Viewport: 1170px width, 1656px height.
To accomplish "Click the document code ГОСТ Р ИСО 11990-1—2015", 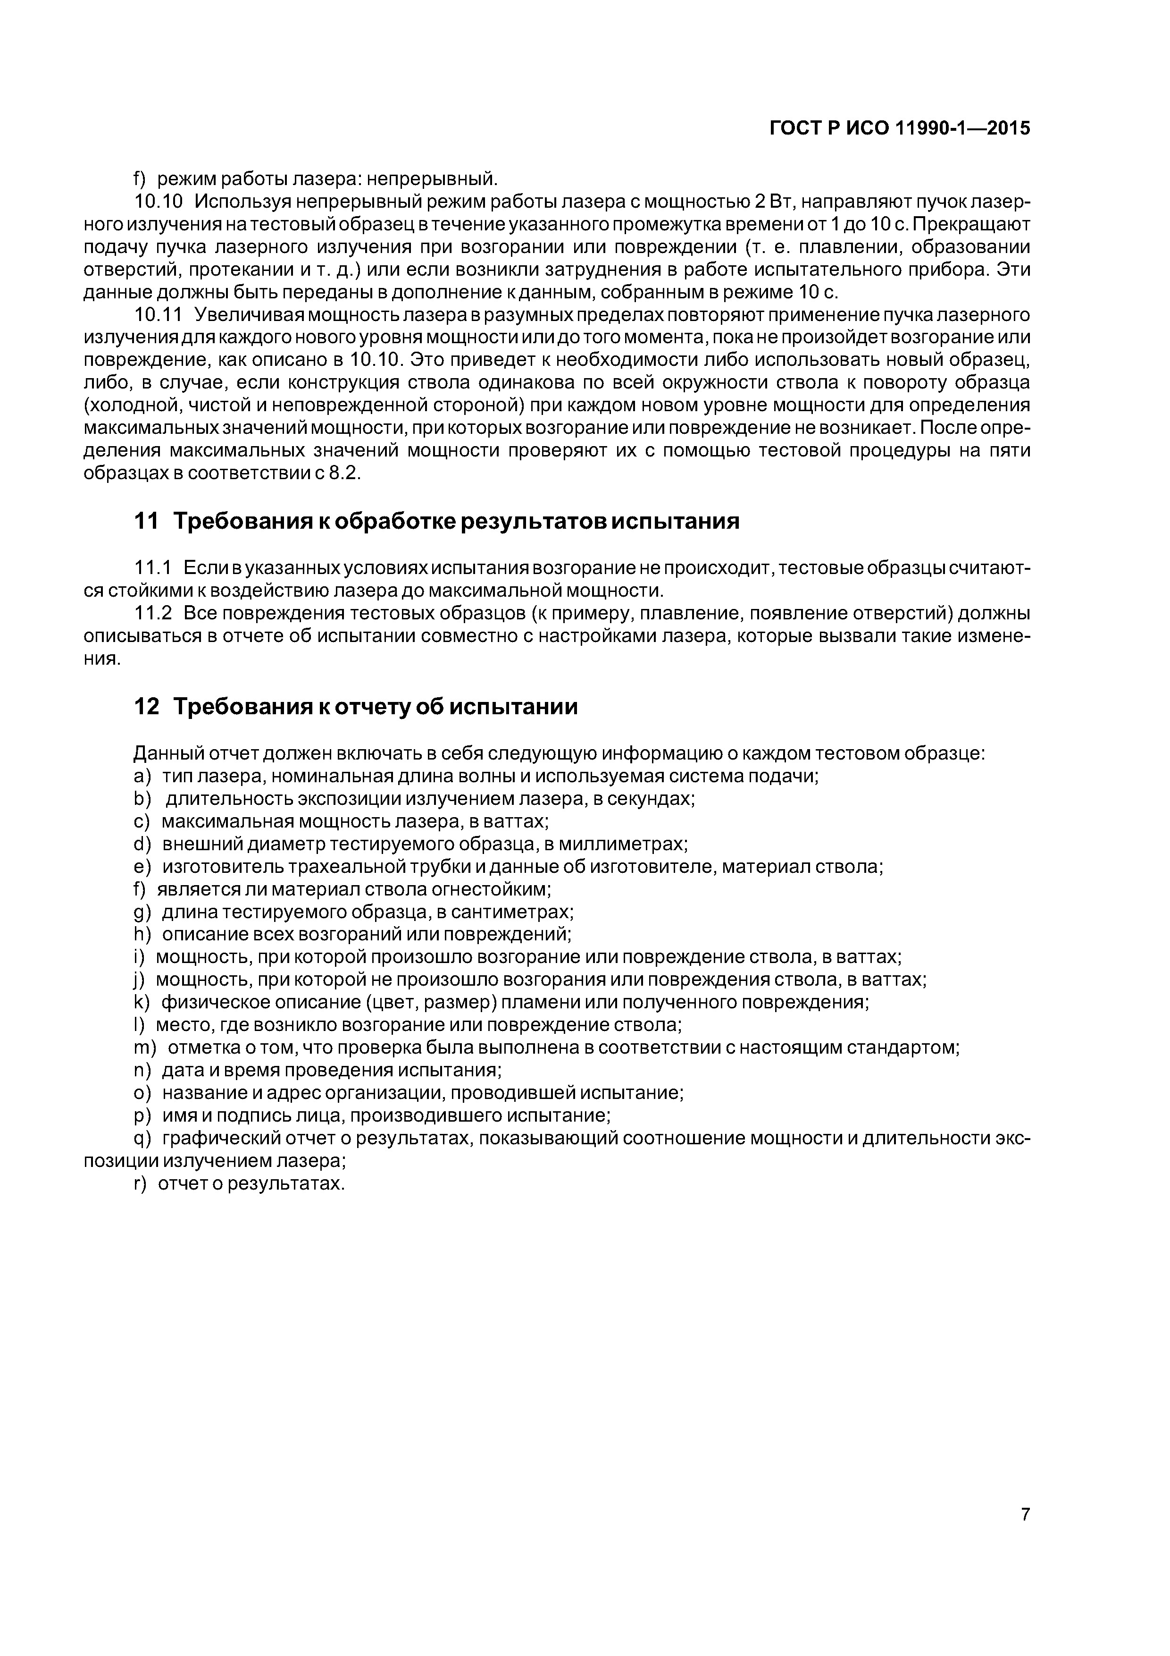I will (900, 128).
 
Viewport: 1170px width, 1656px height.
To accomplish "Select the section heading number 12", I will (146, 707).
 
